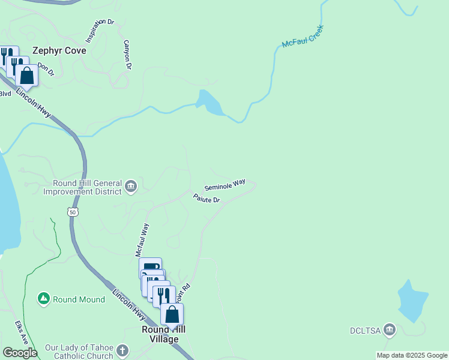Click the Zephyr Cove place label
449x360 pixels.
(x=59, y=51)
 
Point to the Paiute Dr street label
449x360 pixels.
(x=206, y=198)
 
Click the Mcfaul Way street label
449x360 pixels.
(x=142, y=240)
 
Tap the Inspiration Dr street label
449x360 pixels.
(x=99, y=31)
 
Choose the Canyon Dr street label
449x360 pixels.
(x=127, y=55)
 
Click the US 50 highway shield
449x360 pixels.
(x=72, y=212)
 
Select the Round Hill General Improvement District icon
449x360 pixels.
(x=131, y=187)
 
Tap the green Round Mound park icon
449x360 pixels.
(x=43, y=298)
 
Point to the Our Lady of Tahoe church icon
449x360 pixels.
(x=122, y=350)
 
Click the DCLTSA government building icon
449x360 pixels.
(x=390, y=329)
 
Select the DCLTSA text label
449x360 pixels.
(x=366, y=330)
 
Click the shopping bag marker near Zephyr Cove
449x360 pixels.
(x=26, y=76)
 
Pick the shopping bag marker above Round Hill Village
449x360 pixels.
(x=172, y=314)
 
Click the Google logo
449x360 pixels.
(x=20, y=353)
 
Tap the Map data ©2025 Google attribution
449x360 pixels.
(x=412, y=355)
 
